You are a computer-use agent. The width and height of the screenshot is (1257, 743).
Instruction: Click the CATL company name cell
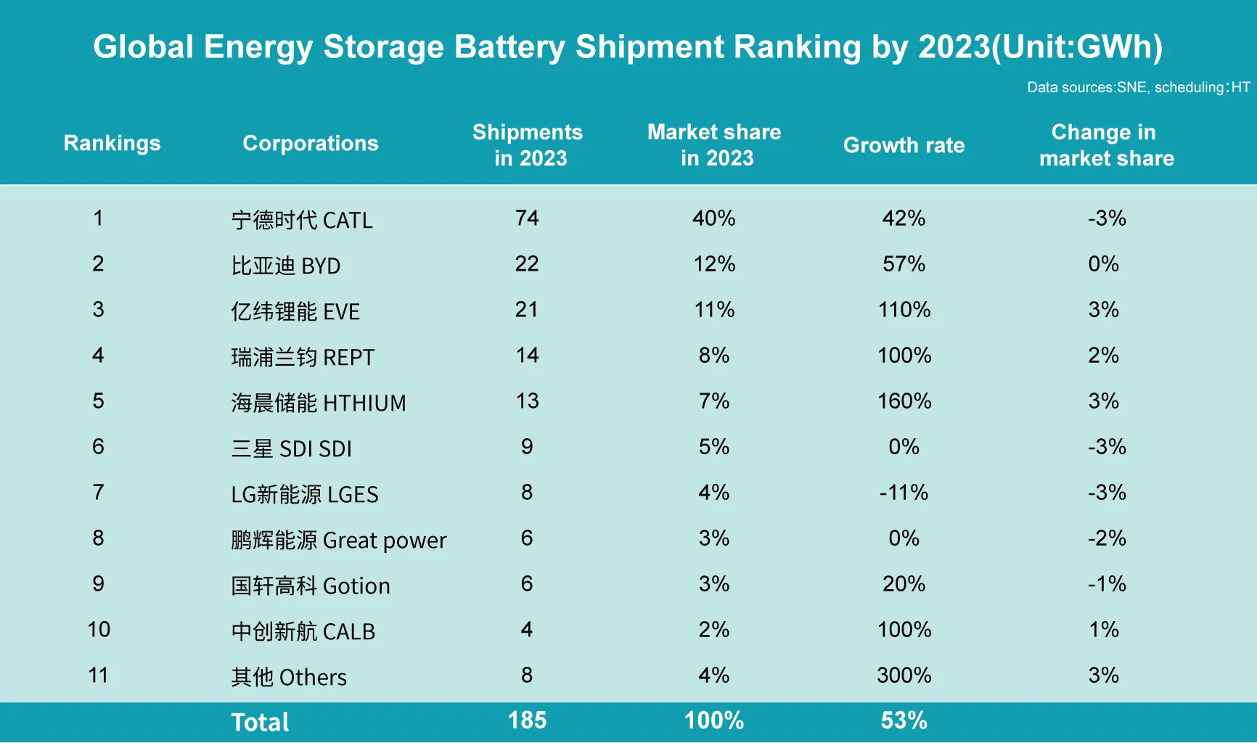pos(301,220)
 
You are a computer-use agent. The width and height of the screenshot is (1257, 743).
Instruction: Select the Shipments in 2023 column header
pos(528,145)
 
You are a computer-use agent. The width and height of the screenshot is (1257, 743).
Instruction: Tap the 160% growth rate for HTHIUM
pos(904,401)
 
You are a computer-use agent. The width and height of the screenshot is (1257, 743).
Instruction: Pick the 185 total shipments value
pos(527,721)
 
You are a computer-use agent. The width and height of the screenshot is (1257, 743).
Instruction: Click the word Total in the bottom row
pos(260,722)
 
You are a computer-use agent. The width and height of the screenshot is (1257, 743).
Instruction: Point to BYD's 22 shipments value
pos(527,264)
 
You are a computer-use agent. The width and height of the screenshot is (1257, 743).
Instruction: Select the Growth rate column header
pos(904,145)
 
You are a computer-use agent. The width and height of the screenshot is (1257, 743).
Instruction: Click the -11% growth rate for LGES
pos(904,493)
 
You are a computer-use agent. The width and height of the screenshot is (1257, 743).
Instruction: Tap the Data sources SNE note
pos(1137,88)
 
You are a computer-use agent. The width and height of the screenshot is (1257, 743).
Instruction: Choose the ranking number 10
pos(99,630)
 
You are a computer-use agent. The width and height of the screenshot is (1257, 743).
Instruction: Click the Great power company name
pos(338,541)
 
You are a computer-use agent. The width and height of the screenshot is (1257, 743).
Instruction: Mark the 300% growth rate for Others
pos(904,676)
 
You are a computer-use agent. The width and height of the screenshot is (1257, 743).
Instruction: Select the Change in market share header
pos(1105,145)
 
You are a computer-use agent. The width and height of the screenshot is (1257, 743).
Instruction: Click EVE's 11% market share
pos(714,310)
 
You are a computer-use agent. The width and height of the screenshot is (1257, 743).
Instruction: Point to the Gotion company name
pos(310,586)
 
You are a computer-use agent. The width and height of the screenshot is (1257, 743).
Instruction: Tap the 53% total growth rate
pos(904,721)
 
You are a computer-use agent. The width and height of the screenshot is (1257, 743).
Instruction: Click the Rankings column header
pos(112,144)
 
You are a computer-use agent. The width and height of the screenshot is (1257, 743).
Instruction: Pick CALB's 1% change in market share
pos(1104,630)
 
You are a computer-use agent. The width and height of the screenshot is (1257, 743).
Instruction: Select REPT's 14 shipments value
pos(527,356)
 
